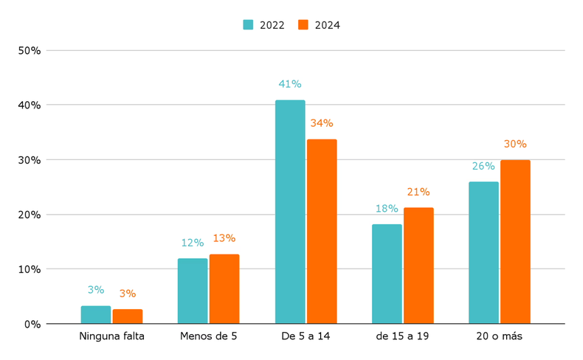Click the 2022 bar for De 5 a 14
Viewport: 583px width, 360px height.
pyautogui.click(x=290, y=212)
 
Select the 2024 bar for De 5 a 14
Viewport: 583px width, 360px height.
pyautogui.click(x=322, y=231)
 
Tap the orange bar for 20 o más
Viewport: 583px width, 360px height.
pyautogui.click(x=515, y=242)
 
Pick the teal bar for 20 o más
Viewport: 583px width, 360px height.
pyautogui.click(x=483, y=252)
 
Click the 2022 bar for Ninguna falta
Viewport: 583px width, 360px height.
pyautogui.click(x=96, y=315)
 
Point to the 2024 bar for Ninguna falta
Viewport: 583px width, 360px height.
pyautogui.click(x=128, y=316)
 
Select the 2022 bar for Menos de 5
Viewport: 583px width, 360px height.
pyautogui.click(x=193, y=291)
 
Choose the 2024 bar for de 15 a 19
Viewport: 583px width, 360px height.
pyautogui.click(x=418, y=266)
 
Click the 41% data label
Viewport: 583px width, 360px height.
pyautogui.click(x=289, y=85)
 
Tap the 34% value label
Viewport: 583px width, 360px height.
pyautogui.click(x=322, y=123)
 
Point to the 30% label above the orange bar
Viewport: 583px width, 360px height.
pyautogui.click(x=515, y=145)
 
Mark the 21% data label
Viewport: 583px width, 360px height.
pyautogui.click(x=418, y=193)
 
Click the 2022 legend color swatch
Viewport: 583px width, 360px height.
pyautogui.click(x=248, y=25)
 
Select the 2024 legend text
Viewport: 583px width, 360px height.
pyautogui.click(x=327, y=25)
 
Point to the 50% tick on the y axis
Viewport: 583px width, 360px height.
pyautogui.click(x=30, y=51)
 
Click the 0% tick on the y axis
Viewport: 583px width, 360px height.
pyautogui.click(x=32, y=324)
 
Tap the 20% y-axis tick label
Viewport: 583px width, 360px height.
pyautogui.click(x=30, y=215)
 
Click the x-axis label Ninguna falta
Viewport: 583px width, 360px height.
pyautogui.click(x=111, y=336)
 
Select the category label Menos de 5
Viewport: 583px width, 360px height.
pyautogui.click(x=208, y=336)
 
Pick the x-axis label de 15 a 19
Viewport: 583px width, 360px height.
pyautogui.click(x=402, y=336)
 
